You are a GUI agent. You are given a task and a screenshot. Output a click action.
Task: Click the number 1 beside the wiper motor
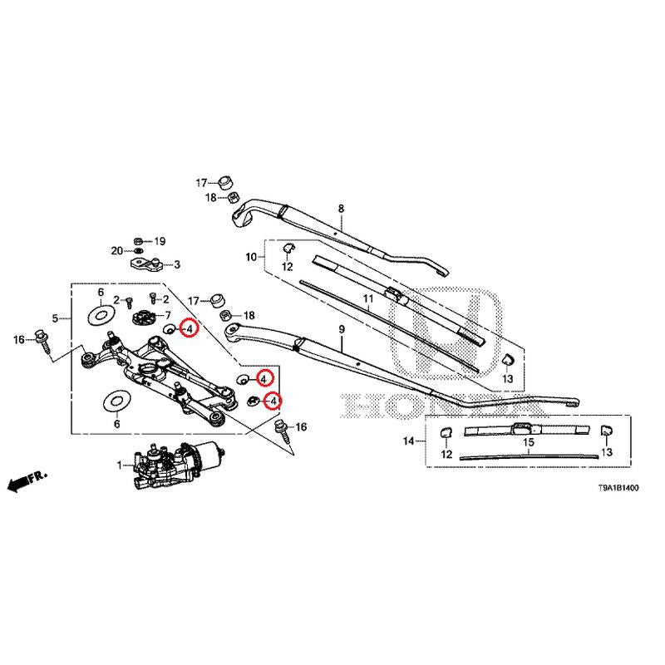119,464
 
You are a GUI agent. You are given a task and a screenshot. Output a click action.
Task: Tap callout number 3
176,266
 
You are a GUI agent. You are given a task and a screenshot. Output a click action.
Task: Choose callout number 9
341,331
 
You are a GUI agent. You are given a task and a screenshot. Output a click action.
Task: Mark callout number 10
251,259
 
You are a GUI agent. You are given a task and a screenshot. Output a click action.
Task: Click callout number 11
363,298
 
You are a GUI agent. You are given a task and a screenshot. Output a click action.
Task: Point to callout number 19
160,241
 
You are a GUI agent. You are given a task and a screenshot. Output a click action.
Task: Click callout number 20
117,250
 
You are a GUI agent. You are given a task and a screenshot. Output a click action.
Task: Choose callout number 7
167,315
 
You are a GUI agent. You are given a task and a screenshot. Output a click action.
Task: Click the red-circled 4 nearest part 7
190,330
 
